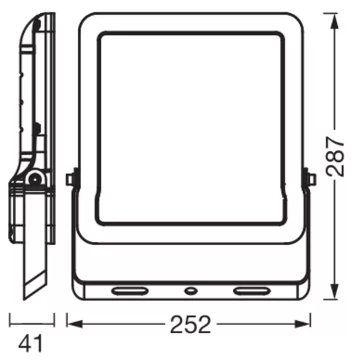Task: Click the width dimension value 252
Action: point(190,324)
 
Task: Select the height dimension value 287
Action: point(335,156)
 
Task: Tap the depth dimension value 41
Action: point(31,343)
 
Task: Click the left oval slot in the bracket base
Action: point(130,290)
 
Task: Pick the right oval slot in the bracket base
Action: point(252,290)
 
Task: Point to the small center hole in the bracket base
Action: point(191,290)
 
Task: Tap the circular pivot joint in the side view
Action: point(35,180)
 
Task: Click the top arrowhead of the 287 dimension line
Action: point(335,21)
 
